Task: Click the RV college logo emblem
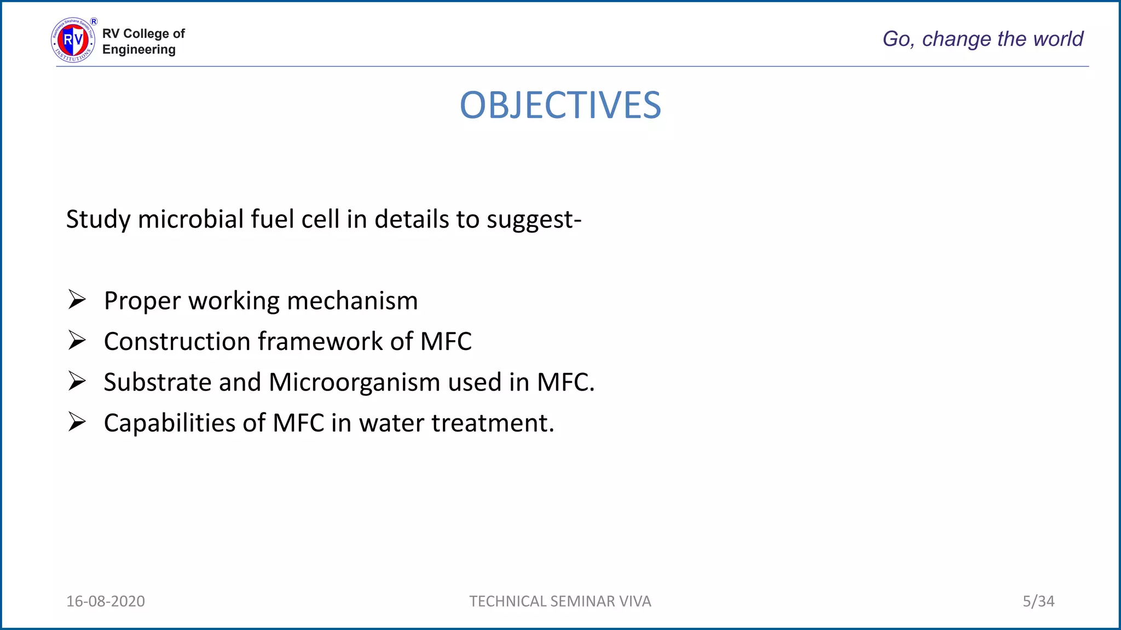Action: (x=73, y=40)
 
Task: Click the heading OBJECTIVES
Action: (x=560, y=105)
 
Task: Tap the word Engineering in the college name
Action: (x=139, y=50)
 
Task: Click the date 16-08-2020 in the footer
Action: (x=106, y=601)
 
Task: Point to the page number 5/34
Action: (x=1038, y=601)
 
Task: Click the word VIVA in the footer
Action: (x=635, y=601)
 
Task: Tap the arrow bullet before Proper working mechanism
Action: (x=77, y=300)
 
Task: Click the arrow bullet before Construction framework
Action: (x=77, y=341)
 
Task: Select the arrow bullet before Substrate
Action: (x=77, y=381)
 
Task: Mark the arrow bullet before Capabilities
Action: (x=77, y=422)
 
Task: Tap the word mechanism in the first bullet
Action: (x=352, y=301)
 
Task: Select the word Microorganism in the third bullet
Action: (x=354, y=382)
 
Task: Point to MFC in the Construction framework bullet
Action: (x=446, y=341)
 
